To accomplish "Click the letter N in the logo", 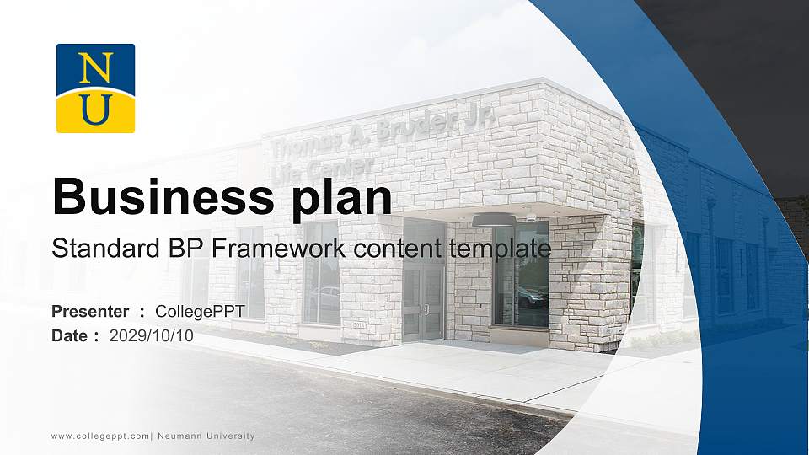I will (95, 67).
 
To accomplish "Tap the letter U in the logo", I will (95, 110).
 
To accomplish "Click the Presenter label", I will (90, 312).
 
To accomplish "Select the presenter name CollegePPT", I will (200, 312).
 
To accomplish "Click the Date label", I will (70, 335).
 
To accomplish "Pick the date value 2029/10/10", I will (152, 335).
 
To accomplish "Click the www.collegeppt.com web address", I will (100, 436).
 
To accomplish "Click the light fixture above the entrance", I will (491, 220).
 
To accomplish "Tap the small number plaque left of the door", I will (359, 324).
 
